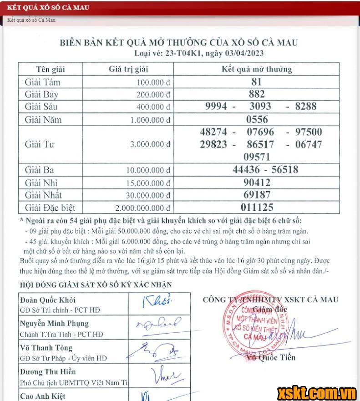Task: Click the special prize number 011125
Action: click(256, 208)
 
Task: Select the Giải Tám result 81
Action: click(256, 82)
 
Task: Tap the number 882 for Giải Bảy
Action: click(256, 94)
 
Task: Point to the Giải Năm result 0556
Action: click(256, 120)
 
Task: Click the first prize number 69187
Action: click(256, 195)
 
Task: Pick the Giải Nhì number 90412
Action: click(256, 183)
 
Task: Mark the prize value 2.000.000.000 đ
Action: click(142, 208)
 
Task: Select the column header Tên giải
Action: click(51, 70)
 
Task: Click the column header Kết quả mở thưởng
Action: click(256, 70)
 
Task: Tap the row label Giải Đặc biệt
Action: click(50, 208)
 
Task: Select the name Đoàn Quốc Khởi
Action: click(48, 300)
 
